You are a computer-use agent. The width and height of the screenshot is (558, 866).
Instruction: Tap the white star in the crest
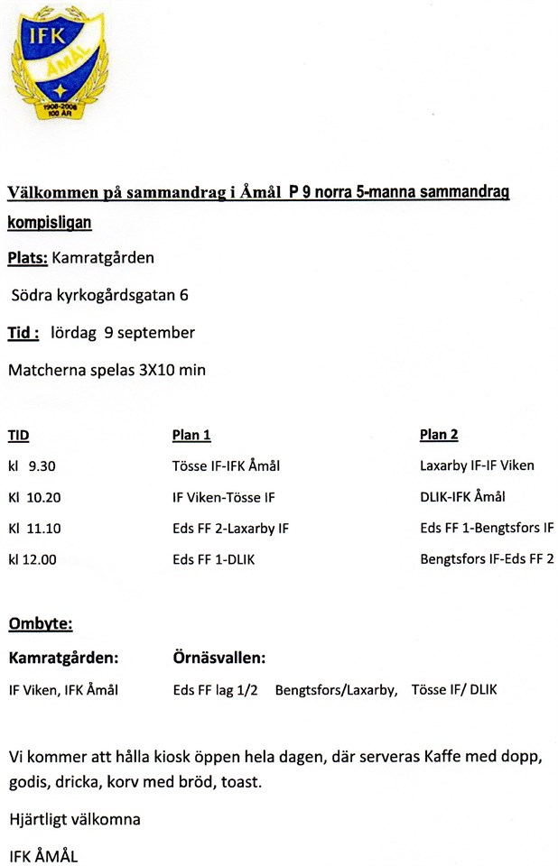(x=59, y=89)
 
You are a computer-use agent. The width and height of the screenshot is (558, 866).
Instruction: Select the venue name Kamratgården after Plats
(x=103, y=258)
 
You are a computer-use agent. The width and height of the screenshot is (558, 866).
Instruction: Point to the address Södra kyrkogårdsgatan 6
(x=99, y=295)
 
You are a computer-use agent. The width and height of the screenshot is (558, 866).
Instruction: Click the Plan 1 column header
(x=191, y=435)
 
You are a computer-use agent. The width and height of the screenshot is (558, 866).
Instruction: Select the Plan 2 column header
(x=439, y=435)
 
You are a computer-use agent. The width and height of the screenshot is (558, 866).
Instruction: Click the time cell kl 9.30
(x=33, y=466)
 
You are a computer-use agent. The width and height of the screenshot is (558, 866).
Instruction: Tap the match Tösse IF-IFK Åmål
(x=226, y=466)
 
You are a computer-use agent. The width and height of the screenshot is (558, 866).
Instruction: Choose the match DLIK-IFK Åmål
(x=462, y=497)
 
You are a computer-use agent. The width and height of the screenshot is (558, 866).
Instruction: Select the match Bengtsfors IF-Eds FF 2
(x=487, y=559)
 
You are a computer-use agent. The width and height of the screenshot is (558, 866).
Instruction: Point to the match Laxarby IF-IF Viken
(x=477, y=466)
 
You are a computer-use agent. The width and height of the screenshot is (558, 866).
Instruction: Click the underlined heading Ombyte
(x=41, y=624)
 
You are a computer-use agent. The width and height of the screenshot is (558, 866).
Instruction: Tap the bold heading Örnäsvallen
(x=219, y=658)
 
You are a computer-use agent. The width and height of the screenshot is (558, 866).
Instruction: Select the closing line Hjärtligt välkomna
(x=74, y=820)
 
